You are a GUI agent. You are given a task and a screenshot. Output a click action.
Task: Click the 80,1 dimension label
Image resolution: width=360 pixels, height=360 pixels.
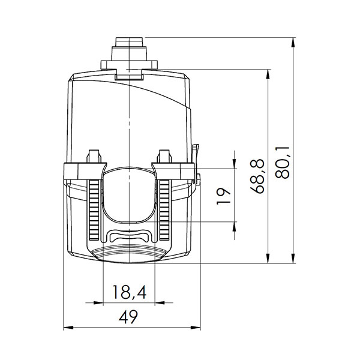coord(285,161)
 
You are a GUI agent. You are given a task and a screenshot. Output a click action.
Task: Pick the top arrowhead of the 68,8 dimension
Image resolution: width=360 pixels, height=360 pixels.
coord(268,74)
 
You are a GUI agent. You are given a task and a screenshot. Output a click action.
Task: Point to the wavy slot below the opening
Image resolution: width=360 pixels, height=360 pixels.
coord(130,236)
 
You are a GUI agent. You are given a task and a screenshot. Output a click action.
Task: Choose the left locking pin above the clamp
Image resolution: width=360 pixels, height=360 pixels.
coord(94,155)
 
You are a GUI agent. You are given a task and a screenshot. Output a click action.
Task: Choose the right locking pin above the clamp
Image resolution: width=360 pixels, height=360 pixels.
coord(164,155)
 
